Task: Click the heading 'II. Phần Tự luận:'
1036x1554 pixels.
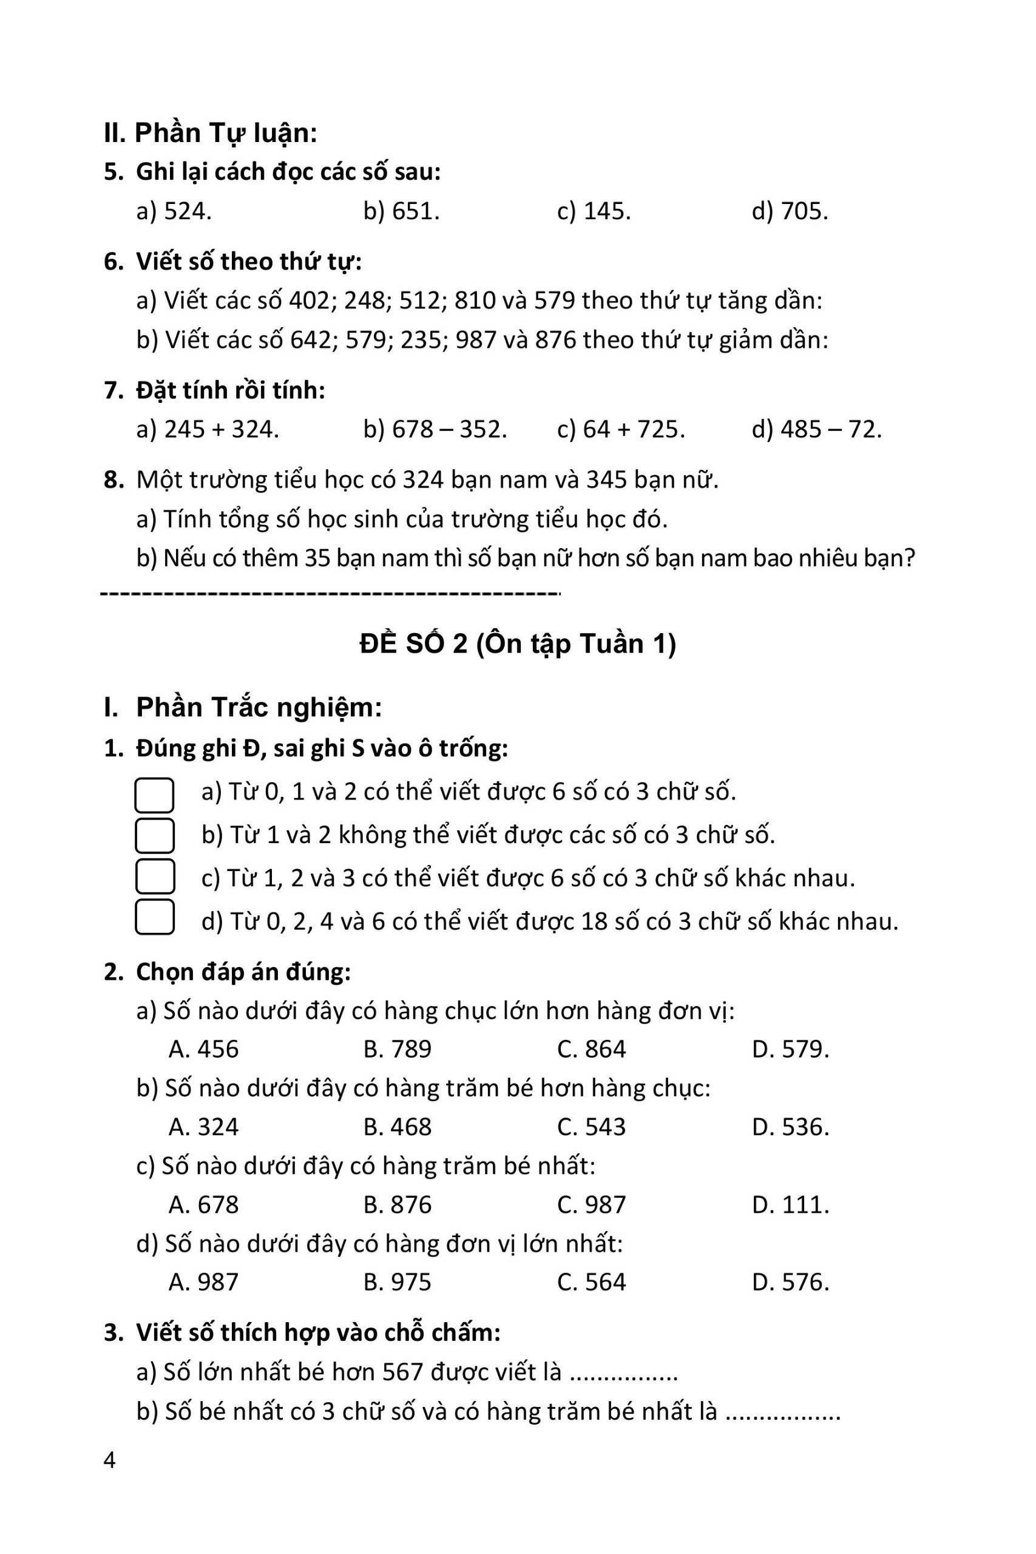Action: tap(210, 134)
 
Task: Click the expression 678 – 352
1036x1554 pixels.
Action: tap(449, 429)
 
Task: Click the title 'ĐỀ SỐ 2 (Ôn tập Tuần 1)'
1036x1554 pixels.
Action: tap(518, 643)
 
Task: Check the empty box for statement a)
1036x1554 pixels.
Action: tap(155, 795)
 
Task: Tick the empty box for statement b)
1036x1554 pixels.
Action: tap(155, 836)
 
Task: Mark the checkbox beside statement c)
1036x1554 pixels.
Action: tap(155, 877)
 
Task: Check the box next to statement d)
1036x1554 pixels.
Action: tap(155, 918)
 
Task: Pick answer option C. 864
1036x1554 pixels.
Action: tap(591, 1049)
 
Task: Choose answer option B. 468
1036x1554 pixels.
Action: tap(397, 1127)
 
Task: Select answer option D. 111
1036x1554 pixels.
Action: tap(790, 1204)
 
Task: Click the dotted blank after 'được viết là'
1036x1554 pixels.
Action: tap(624, 1375)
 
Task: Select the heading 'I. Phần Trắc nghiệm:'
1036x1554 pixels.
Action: tap(243, 708)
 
